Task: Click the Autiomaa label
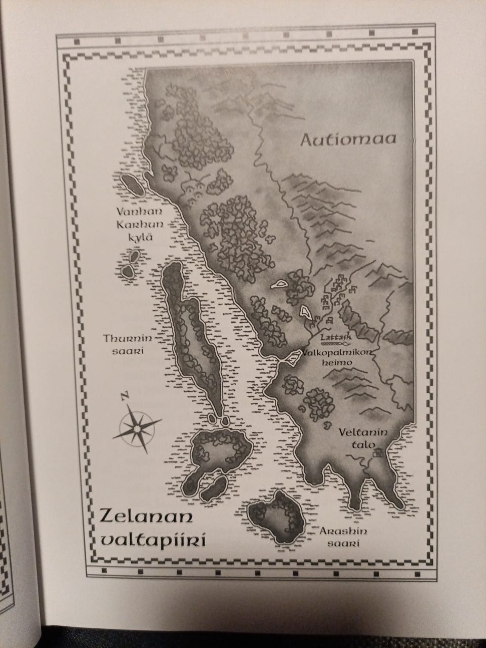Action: click(348, 139)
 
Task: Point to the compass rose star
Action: click(137, 428)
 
